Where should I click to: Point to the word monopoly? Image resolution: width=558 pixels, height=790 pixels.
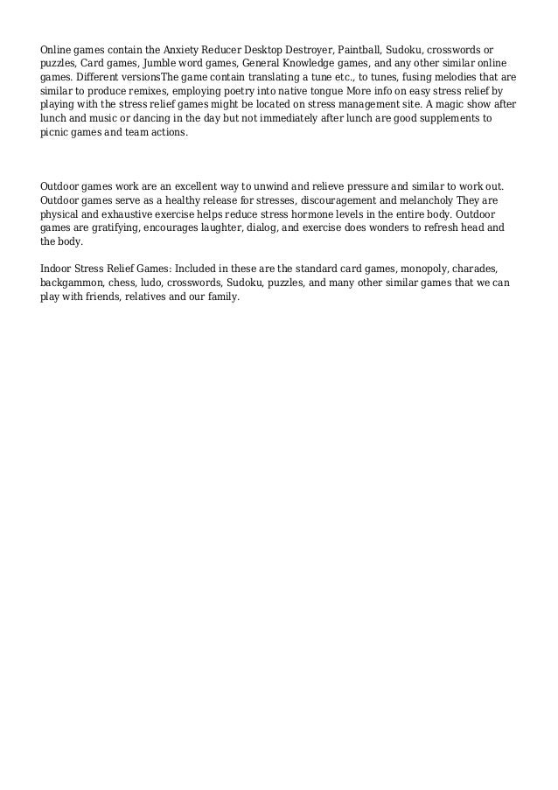(403, 270)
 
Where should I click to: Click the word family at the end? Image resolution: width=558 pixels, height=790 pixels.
(220, 297)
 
